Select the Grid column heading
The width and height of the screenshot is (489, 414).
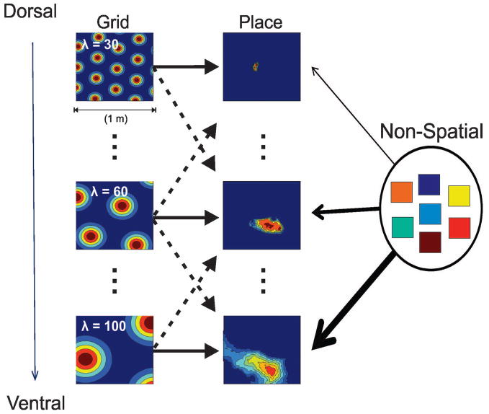pos(115,22)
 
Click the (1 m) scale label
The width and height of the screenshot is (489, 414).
pos(114,120)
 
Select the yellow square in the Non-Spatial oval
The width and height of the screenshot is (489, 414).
pos(459,195)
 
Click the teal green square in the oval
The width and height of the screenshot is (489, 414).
pos(403,227)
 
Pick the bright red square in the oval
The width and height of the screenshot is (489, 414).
pos(459,228)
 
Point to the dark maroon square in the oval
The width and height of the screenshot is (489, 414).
pos(430,242)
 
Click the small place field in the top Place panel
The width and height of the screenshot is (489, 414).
pos(256,68)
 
